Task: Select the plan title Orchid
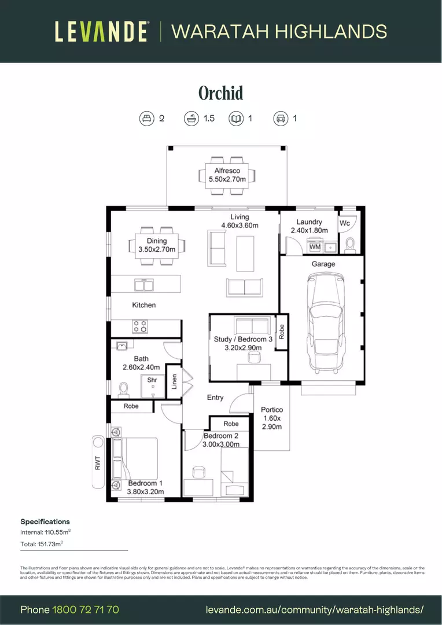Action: (220, 93)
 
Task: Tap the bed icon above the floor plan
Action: (147, 119)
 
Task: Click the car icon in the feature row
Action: (281, 119)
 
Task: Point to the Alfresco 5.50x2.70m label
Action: (227, 175)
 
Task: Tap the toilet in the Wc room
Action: (349, 245)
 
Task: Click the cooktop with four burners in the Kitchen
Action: (140, 326)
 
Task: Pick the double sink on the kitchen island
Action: (143, 284)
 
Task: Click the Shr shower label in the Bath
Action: (152, 380)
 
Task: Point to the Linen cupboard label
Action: (174, 381)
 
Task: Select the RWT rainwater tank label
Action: (98, 463)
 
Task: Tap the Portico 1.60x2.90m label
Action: (271, 418)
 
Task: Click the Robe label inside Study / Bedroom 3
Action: (282, 332)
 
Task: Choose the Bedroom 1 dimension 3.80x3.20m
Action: (146, 492)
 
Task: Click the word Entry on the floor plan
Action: (215, 398)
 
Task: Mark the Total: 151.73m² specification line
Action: (42, 544)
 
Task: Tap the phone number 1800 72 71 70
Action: (86, 609)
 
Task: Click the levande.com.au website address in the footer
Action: (315, 609)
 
